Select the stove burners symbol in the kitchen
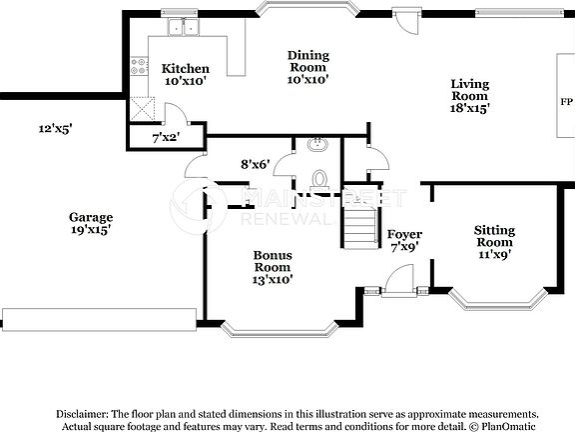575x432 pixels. click(x=139, y=71)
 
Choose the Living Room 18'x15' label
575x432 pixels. click(x=469, y=94)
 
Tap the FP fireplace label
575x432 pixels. click(x=565, y=102)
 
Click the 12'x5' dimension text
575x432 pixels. click(x=56, y=128)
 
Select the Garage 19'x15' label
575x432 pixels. click(x=90, y=222)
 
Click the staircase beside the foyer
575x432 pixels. click(x=356, y=225)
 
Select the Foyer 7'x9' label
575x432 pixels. click(x=404, y=239)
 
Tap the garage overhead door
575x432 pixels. click(x=98, y=318)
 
